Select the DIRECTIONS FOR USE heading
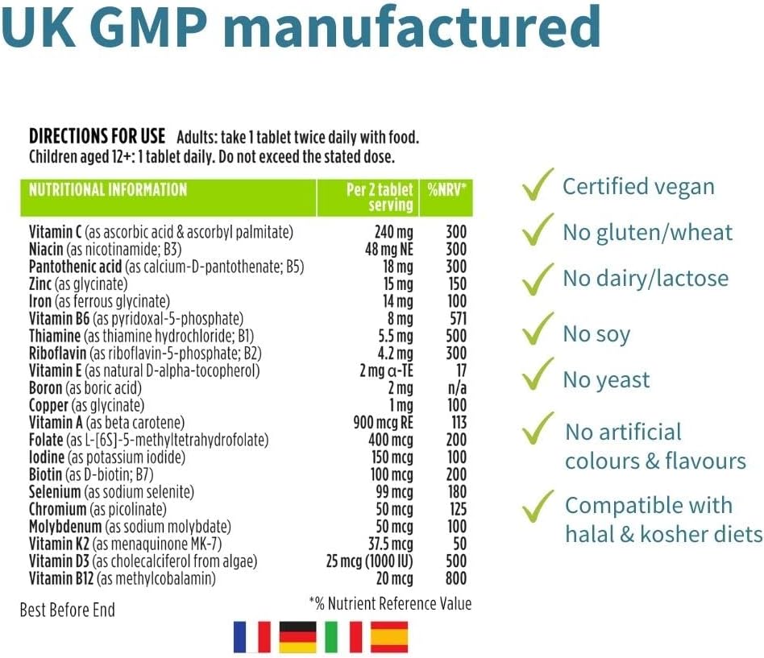[97, 137]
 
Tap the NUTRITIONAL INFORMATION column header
[108, 191]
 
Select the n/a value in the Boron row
[456, 388]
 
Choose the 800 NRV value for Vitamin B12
[455, 578]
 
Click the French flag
[251, 637]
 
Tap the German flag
[297, 637]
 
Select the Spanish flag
[389, 637]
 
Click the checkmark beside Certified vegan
[538, 184]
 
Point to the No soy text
[596, 334]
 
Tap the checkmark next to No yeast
[538, 378]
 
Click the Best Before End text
[67, 610]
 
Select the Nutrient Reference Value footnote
[390, 603]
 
